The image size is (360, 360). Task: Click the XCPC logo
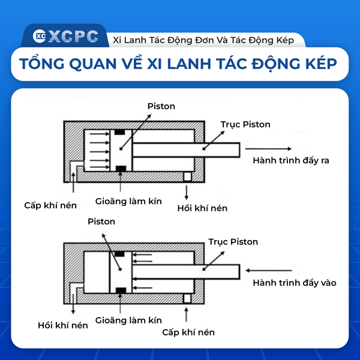(x=65, y=36)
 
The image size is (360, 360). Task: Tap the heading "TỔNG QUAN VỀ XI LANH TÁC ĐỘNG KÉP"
(x=178, y=64)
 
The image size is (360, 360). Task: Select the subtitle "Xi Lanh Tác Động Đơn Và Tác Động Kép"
(x=203, y=40)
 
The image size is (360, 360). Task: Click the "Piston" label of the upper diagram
(x=161, y=106)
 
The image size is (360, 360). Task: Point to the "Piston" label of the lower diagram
(x=101, y=221)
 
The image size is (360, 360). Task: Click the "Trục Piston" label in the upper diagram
(x=245, y=124)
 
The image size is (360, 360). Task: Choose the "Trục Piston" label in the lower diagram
(x=233, y=242)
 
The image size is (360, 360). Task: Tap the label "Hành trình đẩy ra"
(x=291, y=160)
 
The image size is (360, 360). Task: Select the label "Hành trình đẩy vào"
(x=295, y=283)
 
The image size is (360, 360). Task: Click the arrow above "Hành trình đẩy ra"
(x=268, y=149)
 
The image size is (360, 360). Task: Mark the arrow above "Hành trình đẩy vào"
(x=268, y=271)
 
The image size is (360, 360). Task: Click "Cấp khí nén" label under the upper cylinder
(x=50, y=205)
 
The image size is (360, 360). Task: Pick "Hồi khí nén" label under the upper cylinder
(x=202, y=208)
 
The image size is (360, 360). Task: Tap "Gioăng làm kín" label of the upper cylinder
(x=128, y=202)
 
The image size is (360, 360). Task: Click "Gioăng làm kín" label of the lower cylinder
(x=128, y=320)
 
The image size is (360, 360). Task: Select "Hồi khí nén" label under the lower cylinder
(x=62, y=325)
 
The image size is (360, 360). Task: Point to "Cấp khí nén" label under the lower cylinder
(x=188, y=332)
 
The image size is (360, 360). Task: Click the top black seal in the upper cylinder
(x=119, y=132)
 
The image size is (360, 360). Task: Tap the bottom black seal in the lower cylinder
(x=121, y=290)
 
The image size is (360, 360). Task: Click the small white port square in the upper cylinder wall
(x=187, y=177)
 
